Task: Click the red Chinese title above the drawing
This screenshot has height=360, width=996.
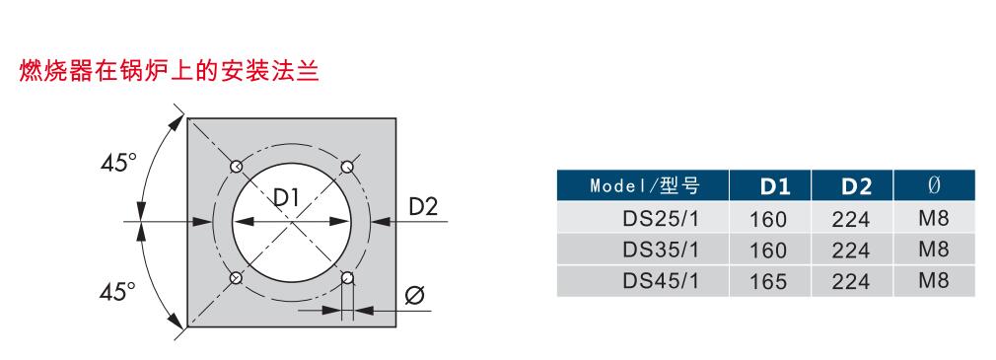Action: pyautogui.click(x=169, y=71)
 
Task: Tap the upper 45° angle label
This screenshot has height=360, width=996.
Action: pyautogui.click(x=118, y=164)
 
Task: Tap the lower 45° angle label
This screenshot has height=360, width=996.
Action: pyautogui.click(x=117, y=291)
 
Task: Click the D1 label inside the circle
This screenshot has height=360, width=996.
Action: pyautogui.click(x=287, y=198)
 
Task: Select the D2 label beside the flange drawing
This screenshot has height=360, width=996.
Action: pyautogui.click(x=423, y=206)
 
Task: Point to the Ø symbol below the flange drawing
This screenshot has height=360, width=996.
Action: pyautogui.click(x=414, y=295)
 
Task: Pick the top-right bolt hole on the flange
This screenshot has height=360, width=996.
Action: pyautogui.click(x=347, y=167)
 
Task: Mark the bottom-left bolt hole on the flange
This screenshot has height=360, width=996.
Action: pyautogui.click(x=236, y=277)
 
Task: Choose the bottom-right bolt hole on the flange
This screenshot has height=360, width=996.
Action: pyautogui.click(x=347, y=277)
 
